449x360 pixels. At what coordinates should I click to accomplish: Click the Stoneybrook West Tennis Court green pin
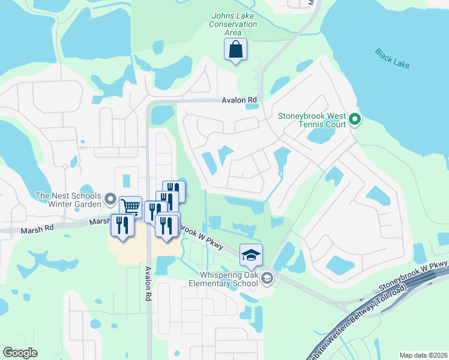coord(354,119)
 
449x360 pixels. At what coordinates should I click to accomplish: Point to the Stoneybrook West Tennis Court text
coord(312,119)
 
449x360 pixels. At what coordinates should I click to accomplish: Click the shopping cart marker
coord(130,207)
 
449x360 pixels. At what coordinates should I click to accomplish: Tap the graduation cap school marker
coord(251,254)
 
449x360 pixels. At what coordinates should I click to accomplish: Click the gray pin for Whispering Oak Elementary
coord(267,277)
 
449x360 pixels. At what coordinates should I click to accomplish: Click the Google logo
coord(20,353)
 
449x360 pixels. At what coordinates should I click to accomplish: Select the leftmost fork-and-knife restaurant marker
coord(121,225)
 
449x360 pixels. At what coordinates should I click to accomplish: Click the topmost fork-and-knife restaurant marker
coord(174,191)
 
